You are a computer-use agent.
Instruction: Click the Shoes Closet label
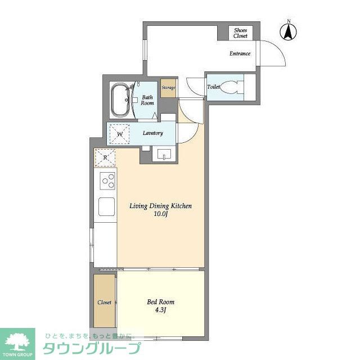(x=240, y=33)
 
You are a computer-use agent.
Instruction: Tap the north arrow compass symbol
(x=289, y=31)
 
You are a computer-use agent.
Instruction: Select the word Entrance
(x=240, y=53)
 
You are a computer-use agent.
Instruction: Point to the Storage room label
(x=168, y=88)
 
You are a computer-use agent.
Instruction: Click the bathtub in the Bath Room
(x=120, y=100)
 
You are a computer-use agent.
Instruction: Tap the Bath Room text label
(x=147, y=100)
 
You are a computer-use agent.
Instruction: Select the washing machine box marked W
(x=119, y=134)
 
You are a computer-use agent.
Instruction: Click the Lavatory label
(x=152, y=133)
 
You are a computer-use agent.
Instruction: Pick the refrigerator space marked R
(x=105, y=157)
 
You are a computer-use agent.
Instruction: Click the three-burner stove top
(x=107, y=181)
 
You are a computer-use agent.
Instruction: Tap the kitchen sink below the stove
(x=106, y=206)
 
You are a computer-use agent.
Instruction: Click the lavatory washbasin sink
(x=164, y=155)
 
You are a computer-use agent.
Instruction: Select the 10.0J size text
(x=161, y=214)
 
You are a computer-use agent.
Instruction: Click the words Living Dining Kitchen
(x=160, y=206)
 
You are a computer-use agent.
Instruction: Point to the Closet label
(x=104, y=303)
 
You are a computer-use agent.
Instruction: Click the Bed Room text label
(x=160, y=301)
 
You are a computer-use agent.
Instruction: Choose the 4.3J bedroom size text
(x=160, y=310)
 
